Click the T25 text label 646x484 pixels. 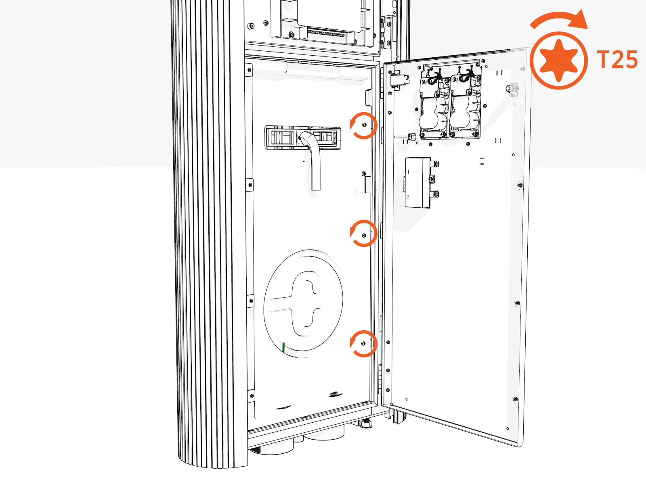[617, 60]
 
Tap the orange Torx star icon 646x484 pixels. [558, 60]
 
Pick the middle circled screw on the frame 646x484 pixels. [364, 235]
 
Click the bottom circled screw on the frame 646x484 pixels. [363, 343]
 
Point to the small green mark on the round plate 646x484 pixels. [283, 347]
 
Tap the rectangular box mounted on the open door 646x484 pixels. [418, 182]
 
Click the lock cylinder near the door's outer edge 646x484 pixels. [512, 89]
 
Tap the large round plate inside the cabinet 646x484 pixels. [303, 302]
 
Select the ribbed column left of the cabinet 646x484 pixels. [210, 242]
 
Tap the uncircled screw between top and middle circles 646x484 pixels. [364, 174]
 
